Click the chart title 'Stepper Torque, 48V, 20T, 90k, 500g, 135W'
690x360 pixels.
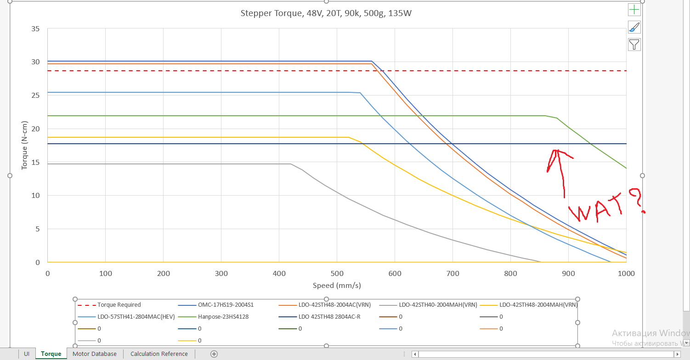click(326, 13)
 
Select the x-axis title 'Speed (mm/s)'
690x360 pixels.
click(337, 286)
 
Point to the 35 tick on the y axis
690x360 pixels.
click(35, 29)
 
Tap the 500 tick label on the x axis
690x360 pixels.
click(337, 274)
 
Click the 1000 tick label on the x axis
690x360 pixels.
click(626, 274)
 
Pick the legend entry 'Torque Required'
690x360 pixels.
click(119, 305)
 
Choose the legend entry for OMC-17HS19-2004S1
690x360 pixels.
click(226, 305)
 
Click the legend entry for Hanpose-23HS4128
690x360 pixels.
click(223, 317)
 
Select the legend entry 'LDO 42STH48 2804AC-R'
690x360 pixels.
click(329, 317)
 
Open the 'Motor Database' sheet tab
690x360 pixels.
click(95, 354)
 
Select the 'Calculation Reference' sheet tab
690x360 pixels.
click(159, 354)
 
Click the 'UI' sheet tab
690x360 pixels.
click(27, 354)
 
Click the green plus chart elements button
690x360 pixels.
click(634, 10)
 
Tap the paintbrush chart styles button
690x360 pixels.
click(634, 27)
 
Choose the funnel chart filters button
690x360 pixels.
click(634, 45)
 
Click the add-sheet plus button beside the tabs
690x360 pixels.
click(214, 354)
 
